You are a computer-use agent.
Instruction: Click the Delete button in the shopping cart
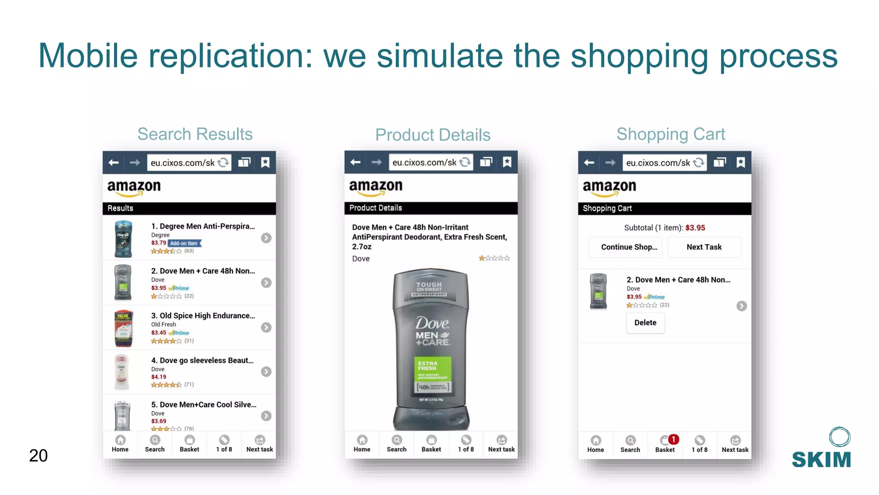[645, 323]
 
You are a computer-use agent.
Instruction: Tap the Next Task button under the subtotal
[704, 247]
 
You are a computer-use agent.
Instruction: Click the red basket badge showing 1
[674, 439]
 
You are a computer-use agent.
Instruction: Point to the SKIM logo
[821, 449]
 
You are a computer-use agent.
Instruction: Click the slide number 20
[38, 455]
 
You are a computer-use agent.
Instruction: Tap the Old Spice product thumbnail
[123, 328]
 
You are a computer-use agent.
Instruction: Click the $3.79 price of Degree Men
[158, 243]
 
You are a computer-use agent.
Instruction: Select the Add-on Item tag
[184, 243]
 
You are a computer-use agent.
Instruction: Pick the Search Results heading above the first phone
[195, 134]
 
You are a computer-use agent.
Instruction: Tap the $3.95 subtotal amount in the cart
[695, 228]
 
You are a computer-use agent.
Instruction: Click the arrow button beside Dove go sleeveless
[266, 372]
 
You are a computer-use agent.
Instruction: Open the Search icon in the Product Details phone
[397, 443]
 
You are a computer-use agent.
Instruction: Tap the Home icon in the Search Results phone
[120, 443]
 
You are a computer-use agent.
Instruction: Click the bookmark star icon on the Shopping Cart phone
[740, 162]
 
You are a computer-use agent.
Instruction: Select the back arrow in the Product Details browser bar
[355, 162]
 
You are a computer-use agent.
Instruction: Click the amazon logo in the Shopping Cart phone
[609, 187]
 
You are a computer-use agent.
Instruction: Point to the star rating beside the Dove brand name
[494, 258]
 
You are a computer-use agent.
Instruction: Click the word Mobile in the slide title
[88, 56]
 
